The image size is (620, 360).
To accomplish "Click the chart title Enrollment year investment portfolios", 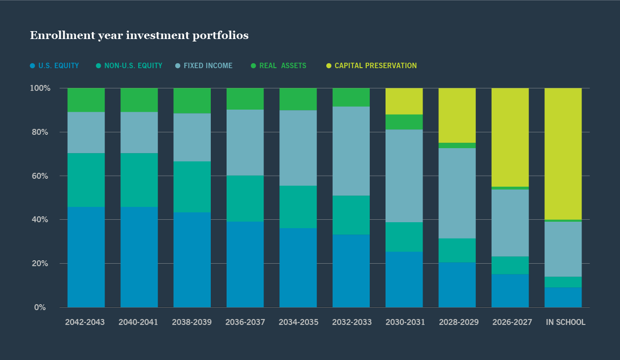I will (139, 36).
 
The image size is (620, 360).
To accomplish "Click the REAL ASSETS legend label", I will (282, 66).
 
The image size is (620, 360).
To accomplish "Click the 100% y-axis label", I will (40, 88).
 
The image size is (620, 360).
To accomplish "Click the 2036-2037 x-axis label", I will (245, 322).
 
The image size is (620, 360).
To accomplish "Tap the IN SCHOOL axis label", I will (565, 322).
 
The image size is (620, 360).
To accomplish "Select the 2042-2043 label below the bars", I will (85, 322).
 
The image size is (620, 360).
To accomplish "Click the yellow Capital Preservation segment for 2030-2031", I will (404, 101).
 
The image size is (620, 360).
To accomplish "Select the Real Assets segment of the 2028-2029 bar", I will (457, 146).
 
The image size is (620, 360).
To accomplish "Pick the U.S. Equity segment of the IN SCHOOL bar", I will (563, 297).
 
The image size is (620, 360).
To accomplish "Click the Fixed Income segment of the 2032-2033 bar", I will (351, 151).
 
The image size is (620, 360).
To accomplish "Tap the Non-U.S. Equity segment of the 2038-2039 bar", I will (192, 187).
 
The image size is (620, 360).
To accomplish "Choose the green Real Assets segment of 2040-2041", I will (139, 100).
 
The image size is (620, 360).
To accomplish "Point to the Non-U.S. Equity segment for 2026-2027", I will (510, 265).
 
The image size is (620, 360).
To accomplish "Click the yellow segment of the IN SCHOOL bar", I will (563, 154).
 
